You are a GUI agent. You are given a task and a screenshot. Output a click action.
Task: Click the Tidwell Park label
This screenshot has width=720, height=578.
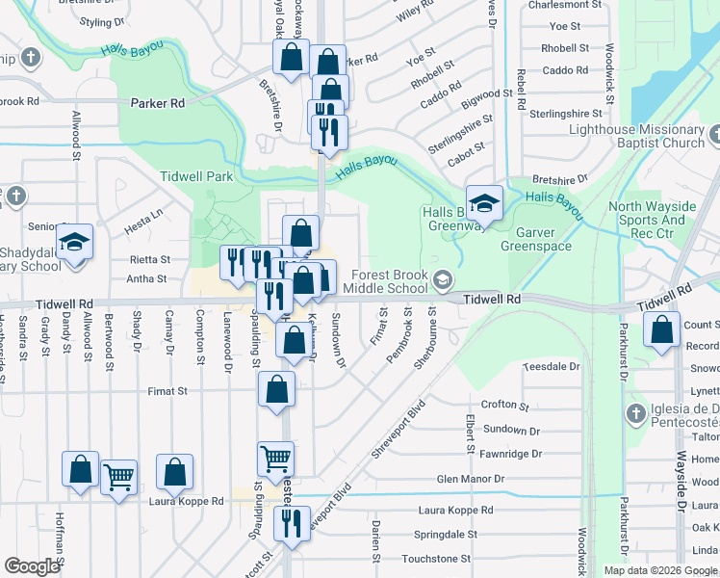pos(197,177)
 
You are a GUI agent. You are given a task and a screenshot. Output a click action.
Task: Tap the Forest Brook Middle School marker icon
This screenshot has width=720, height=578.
pos(443,281)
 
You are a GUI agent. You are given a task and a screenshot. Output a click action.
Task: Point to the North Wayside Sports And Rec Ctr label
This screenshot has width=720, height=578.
pos(647,220)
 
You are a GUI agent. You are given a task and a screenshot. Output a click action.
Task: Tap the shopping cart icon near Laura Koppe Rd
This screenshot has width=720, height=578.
pos(118,475)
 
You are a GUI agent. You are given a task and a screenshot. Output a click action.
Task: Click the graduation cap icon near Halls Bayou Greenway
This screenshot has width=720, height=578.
pos(485,202)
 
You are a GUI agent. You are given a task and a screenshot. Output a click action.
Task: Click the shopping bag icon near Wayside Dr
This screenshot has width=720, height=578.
pos(661,329)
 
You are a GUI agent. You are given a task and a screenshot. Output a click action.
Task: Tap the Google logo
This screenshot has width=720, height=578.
pos(32,566)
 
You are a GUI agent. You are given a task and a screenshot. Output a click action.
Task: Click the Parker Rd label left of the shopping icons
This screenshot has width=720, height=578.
pos(157,103)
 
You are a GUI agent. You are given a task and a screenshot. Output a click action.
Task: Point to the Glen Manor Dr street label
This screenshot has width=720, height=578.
pos(471,479)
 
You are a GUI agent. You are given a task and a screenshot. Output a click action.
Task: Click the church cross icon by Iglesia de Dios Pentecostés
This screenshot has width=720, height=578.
pos(634,414)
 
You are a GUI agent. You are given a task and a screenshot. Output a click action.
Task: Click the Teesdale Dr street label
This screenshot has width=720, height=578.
pos(551,367)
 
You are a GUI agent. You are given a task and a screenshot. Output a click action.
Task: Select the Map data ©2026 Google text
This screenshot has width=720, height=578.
pos(659,570)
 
